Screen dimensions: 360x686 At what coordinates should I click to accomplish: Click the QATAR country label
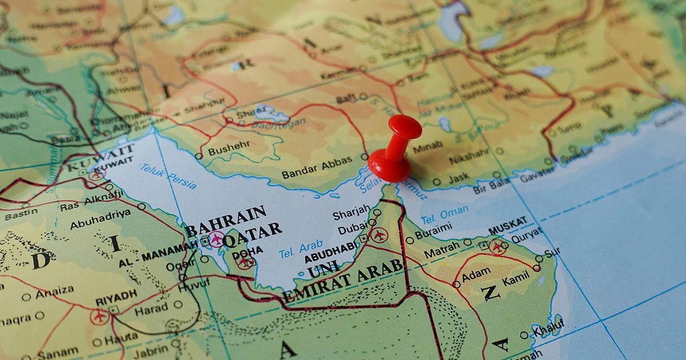point(252,235)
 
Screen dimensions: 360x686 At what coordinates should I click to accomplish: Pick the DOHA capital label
point(248,251)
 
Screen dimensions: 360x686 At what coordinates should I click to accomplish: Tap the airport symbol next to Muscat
point(497,246)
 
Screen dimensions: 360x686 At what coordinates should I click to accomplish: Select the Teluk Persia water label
point(169,176)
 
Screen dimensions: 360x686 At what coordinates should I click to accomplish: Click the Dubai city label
point(352,229)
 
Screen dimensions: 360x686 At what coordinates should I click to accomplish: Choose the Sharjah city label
point(351,213)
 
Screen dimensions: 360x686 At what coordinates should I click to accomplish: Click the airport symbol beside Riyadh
point(99,316)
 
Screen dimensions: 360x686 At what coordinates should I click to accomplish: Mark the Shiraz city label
point(252,112)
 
